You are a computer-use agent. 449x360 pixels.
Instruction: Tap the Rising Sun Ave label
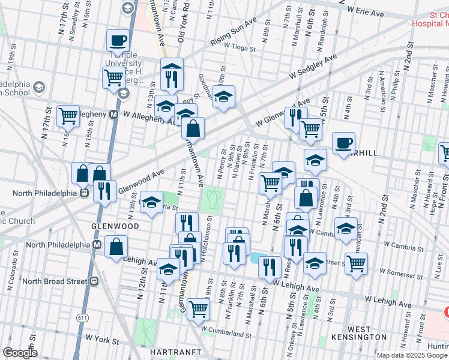point(233,38)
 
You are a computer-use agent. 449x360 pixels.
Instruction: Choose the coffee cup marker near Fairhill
point(343,143)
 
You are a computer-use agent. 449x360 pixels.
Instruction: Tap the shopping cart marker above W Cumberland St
point(198,310)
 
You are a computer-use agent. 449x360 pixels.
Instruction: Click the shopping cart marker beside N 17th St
point(68,115)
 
